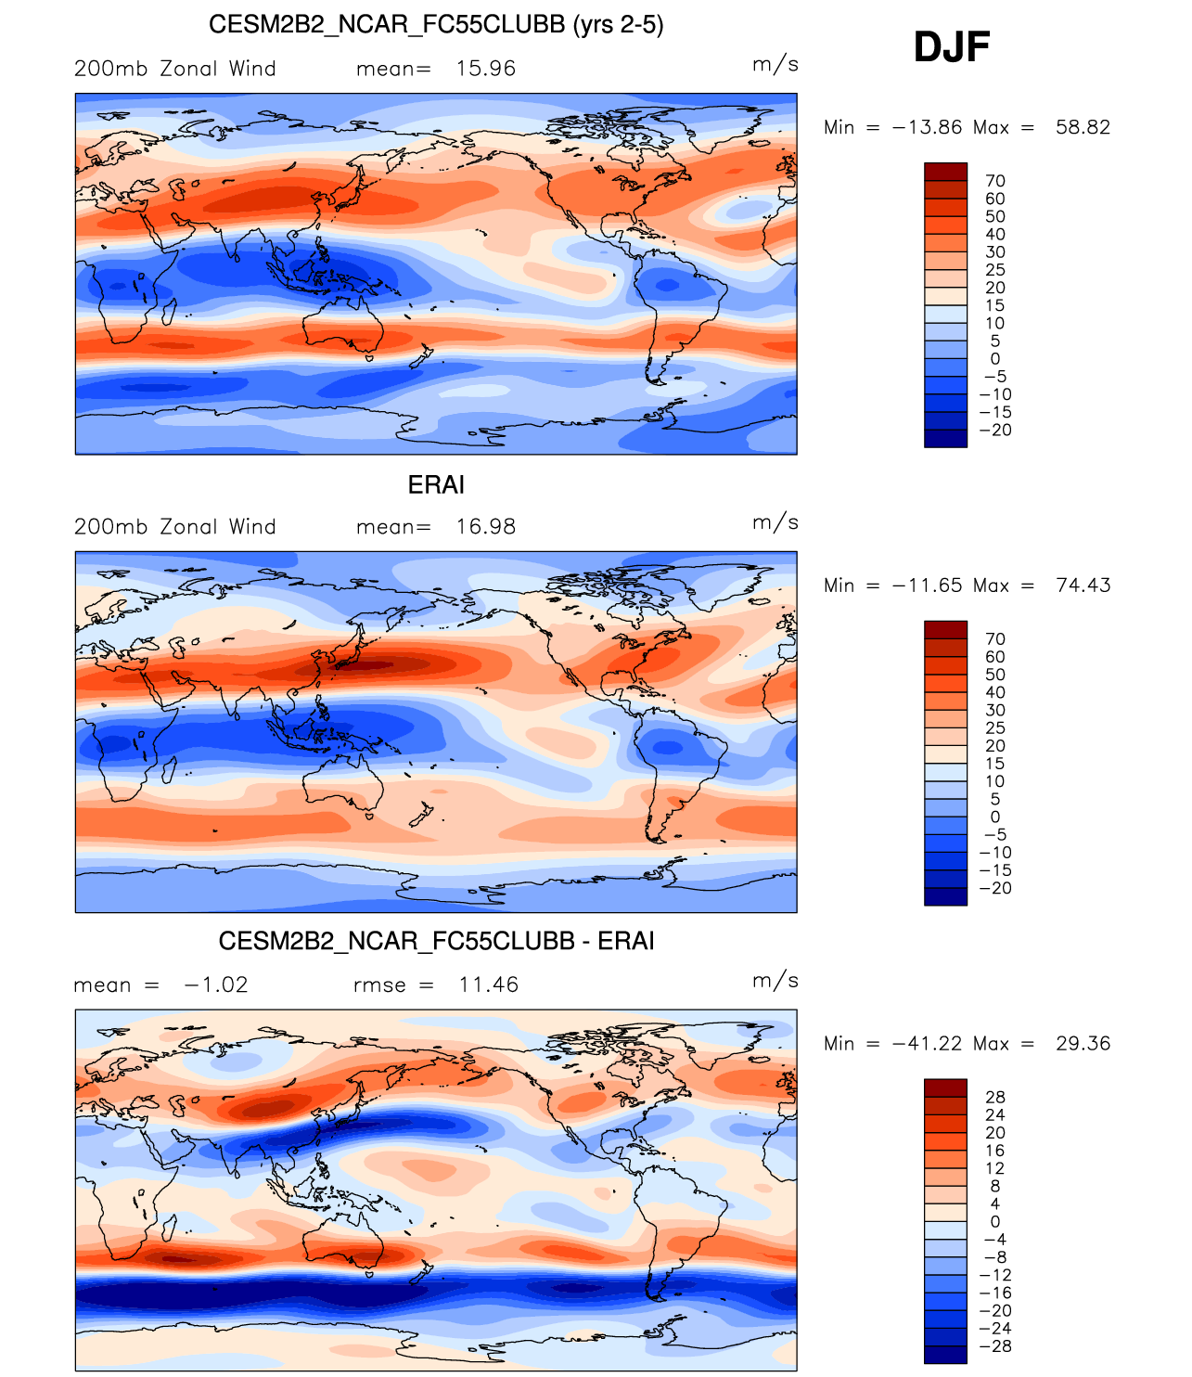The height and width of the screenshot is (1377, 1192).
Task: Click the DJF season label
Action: (952, 46)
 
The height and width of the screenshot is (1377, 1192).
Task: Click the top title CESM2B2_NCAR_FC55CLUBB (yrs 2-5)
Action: (436, 24)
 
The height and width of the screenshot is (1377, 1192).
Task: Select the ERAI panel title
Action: (436, 484)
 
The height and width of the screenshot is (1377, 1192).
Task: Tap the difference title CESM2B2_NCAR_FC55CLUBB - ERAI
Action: (436, 941)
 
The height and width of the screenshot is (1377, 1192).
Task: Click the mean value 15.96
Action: (485, 69)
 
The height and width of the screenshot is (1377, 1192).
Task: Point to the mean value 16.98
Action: (485, 527)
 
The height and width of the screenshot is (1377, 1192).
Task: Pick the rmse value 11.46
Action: (488, 985)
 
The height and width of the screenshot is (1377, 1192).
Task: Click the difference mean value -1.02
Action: (216, 985)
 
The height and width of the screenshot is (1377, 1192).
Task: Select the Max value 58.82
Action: (1083, 127)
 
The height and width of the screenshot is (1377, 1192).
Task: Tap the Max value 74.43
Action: (1083, 586)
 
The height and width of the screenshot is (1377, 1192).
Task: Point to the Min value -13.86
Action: (927, 127)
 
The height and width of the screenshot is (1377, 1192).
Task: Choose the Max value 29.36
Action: (1083, 1044)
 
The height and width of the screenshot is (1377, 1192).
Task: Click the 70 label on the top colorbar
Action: (994, 181)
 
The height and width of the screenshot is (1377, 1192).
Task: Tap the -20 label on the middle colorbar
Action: (994, 888)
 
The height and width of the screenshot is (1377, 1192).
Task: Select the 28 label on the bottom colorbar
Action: (994, 1098)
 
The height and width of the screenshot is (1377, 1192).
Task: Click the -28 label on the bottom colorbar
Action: (994, 1346)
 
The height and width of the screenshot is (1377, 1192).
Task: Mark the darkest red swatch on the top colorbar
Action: (945, 172)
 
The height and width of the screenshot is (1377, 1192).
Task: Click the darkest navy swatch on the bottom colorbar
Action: (945, 1355)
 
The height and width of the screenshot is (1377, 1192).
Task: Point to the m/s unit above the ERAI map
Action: (775, 522)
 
